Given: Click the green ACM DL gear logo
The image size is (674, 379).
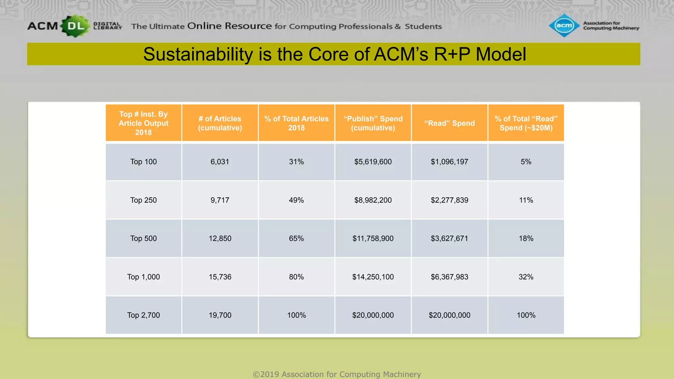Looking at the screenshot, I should point(75,26).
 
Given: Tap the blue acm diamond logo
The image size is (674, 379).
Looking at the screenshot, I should point(564,25).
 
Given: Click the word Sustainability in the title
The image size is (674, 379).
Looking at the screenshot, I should point(198,54).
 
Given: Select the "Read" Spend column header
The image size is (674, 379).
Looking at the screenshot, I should point(449,123).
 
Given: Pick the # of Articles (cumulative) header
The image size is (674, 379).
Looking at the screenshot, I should point(220,123).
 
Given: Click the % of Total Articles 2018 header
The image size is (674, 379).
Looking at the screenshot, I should point(296,123).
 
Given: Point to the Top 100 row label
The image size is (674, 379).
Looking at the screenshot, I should point(143,162).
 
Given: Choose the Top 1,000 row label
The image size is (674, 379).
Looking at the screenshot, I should point(143,277).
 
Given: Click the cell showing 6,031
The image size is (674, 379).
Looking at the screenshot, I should point(220,162).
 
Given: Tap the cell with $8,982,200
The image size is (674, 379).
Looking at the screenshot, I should point(373,200).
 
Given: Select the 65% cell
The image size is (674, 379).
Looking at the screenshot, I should point(296,238).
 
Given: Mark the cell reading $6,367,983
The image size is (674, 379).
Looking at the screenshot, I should point(449,277).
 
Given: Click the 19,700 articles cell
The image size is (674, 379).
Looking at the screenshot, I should point(220,315).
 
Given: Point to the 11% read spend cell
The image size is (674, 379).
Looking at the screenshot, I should point(526,200).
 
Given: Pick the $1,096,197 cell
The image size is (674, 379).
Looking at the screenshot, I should point(449,162).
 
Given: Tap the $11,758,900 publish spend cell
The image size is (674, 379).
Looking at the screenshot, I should point(373,238).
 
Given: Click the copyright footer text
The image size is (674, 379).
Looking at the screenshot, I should point(337,374).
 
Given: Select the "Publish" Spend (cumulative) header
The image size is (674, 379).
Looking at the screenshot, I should point(373,123).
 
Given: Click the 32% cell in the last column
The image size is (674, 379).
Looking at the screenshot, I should point(526,277).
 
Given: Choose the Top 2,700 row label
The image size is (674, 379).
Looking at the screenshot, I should point(143,315).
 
